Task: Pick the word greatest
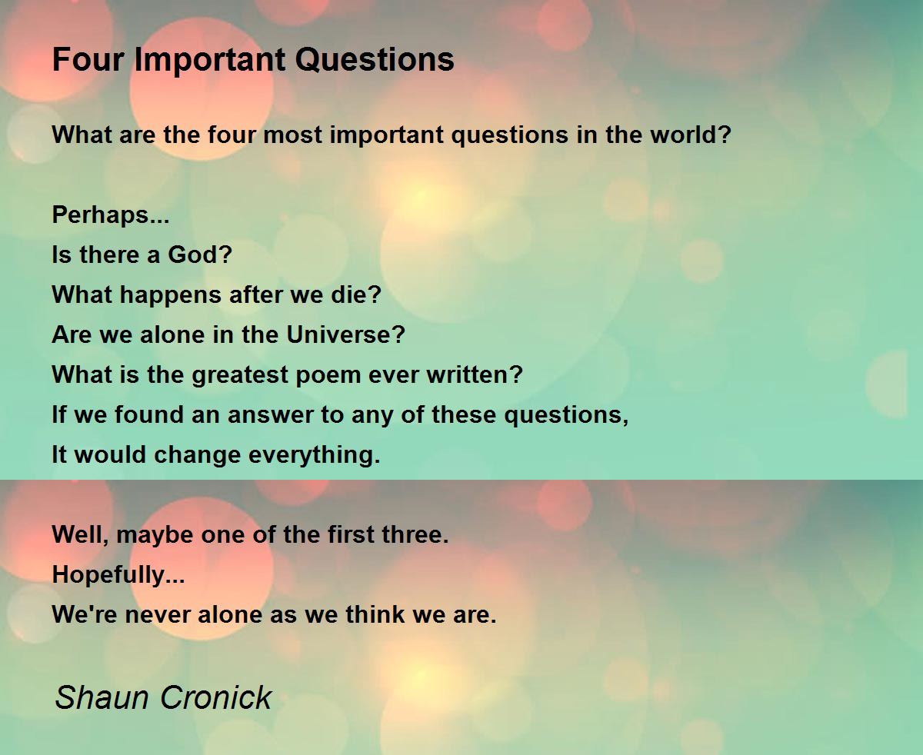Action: pyautogui.click(x=239, y=375)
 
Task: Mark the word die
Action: pyautogui.click(x=362, y=294)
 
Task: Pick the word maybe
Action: pyautogui.click(x=157, y=535)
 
